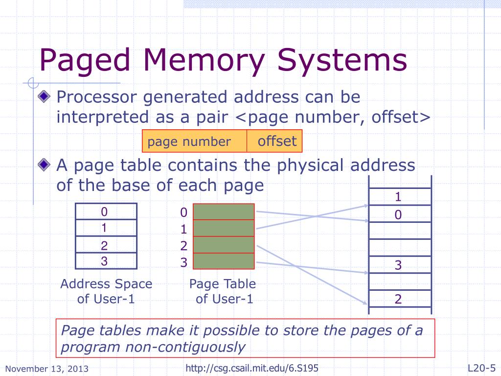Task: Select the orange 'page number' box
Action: coord(194,141)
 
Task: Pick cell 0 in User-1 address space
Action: coord(106,212)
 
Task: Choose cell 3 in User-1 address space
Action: coord(106,261)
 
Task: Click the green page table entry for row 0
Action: coord(224,212)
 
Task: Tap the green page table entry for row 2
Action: coord(224,245)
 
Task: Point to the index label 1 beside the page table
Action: coord(183,229)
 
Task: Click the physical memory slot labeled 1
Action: coord(399,197)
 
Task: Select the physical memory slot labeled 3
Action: coord(399,265)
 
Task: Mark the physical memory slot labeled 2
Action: coord(399,299)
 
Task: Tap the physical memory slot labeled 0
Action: coord(399,214)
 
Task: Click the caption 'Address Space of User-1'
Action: coord(106,291)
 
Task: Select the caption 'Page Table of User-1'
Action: coord(223,291)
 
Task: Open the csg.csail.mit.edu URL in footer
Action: coord(253,368)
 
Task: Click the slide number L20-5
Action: coord(481,368)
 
